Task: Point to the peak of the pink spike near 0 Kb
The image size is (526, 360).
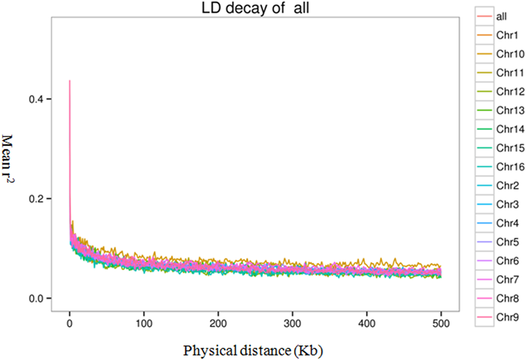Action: click(70, 81)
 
